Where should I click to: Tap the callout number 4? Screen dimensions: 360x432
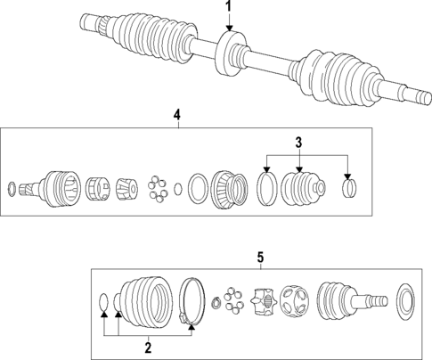point(176,115)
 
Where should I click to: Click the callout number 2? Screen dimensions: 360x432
point(149,346)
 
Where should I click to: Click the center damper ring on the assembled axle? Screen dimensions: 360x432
point(229,51)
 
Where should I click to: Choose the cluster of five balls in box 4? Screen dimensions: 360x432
point(159,188)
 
